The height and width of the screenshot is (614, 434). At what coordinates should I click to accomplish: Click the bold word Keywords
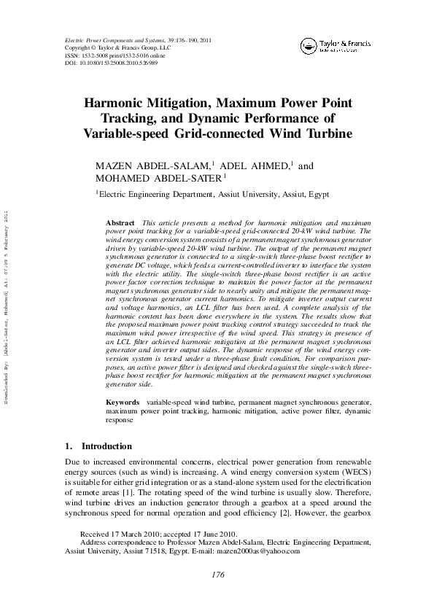point(123,403)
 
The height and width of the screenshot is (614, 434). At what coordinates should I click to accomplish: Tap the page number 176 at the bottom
point(217,575)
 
